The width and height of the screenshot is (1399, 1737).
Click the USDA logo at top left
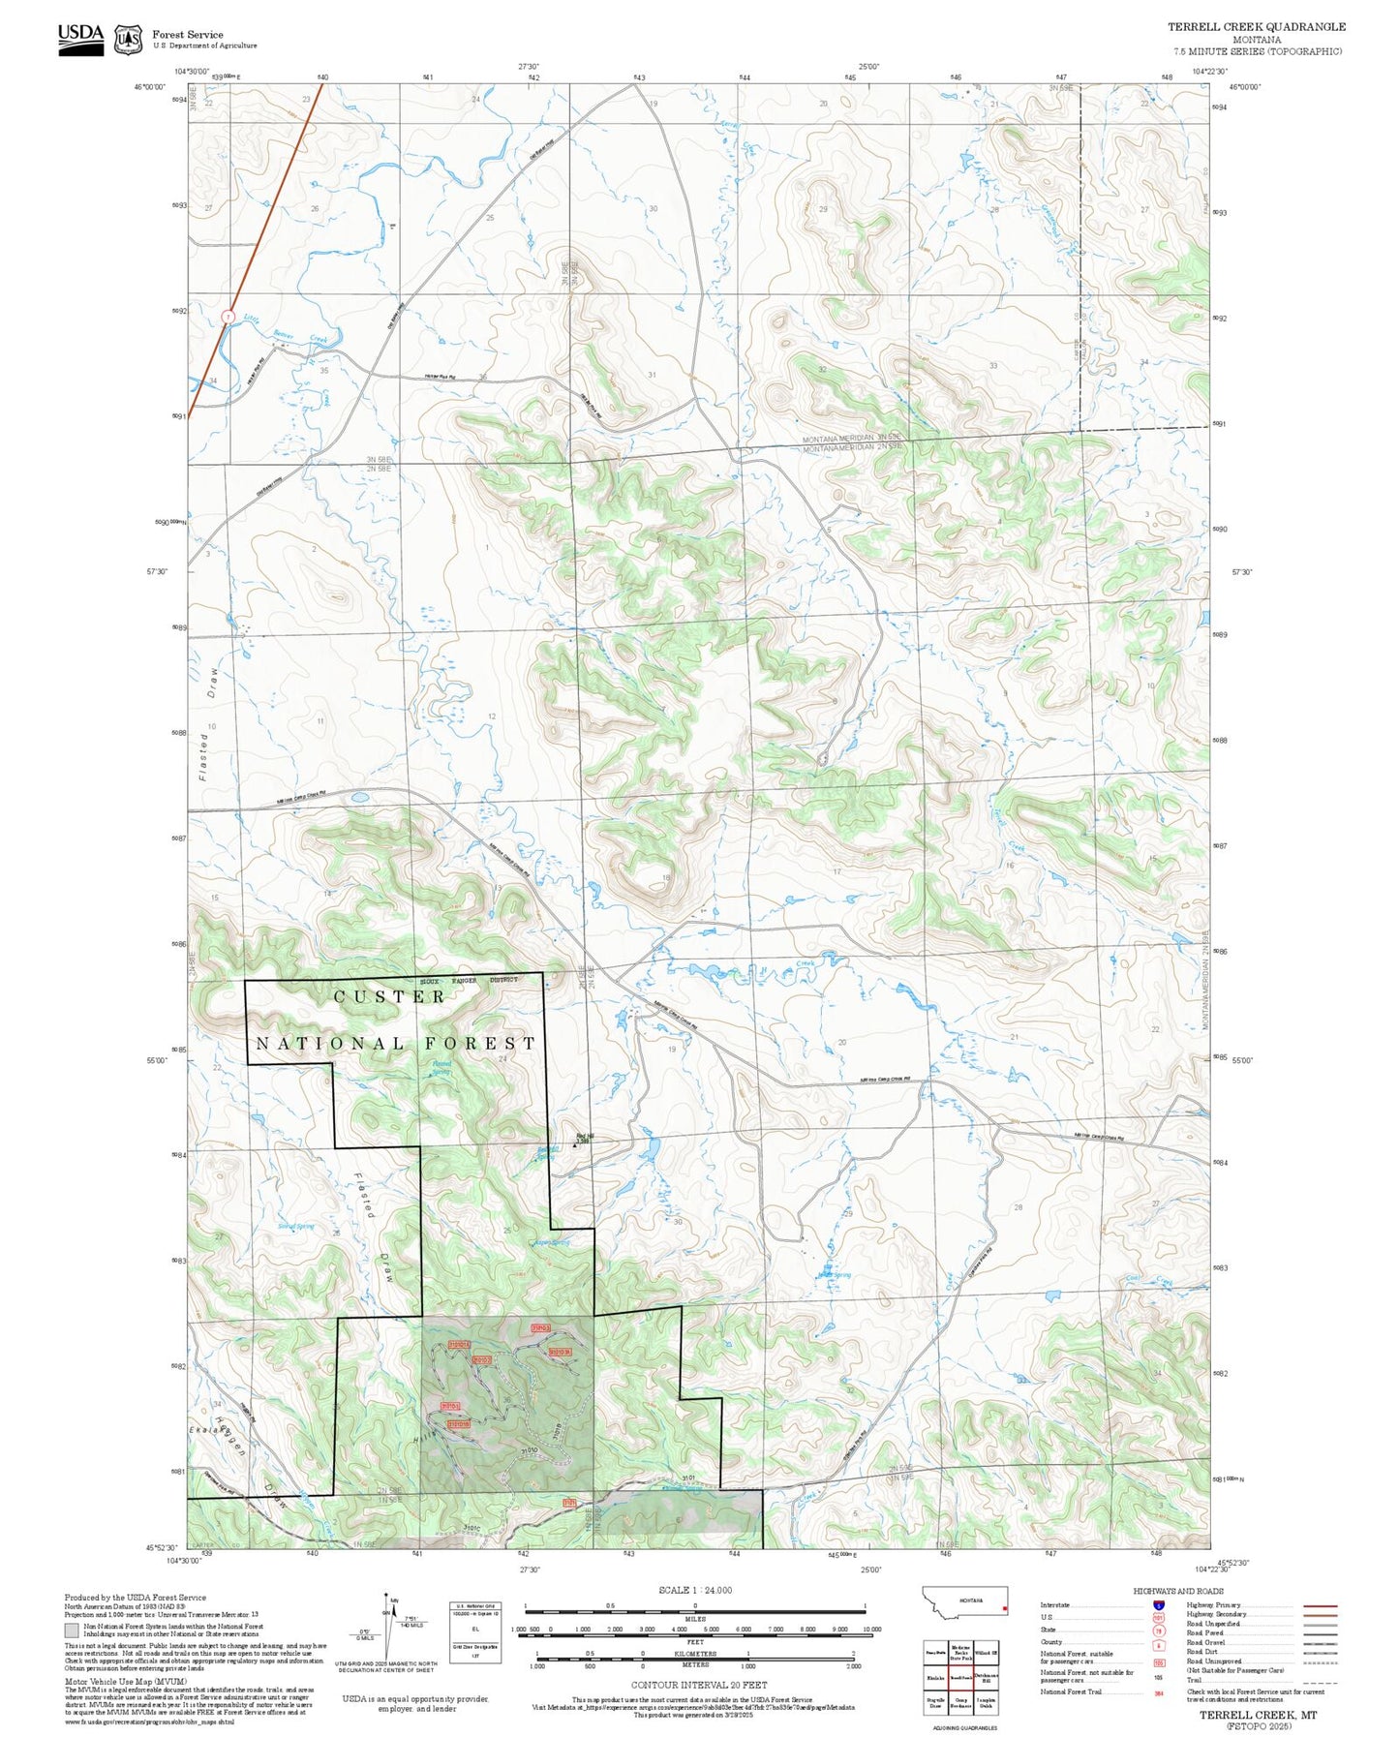pyautogui.click(x=80, y=35)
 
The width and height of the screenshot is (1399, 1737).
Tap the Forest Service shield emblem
pyautogui.click(x=128, y=39)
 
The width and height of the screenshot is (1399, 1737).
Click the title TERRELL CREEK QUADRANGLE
pyautogui.click(x=1256, y=26)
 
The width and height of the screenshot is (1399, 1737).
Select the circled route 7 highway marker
pyautogui.click(x=228, y=317)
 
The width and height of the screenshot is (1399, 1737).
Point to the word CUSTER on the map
pyautogui.click(x=389, y=996)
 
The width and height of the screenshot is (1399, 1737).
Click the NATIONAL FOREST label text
pyautogui.click(x=394, y=1043)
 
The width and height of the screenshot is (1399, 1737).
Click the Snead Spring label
pyautogui.click(x=296, y=1227)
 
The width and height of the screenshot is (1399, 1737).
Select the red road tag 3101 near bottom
pyautogui.click(x=570, y=1502)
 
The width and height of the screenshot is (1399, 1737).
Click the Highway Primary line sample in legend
pyautogui.click(x=1320, y=1605)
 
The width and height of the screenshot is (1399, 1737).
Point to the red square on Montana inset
pyautogui.click(x=1005, y=1609)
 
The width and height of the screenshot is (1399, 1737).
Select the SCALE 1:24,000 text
pyautogui.click(x=695, y=1590)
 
